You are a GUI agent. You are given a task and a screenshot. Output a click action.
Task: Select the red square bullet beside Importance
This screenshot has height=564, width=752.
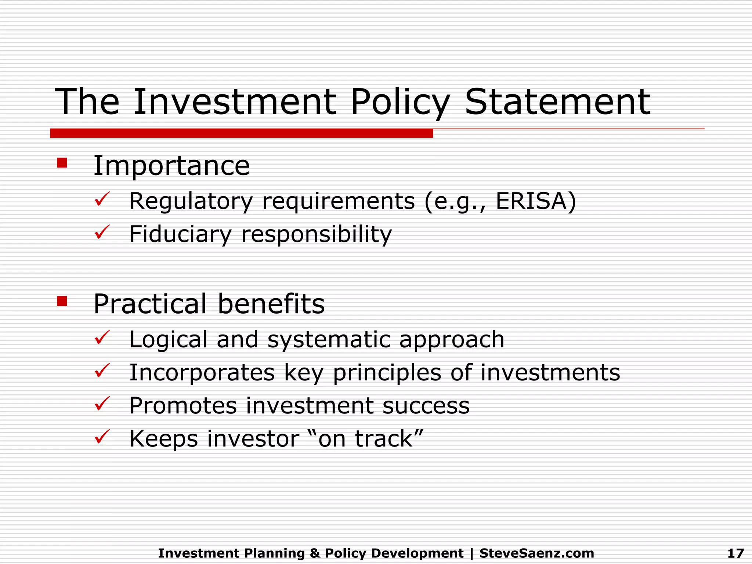(62, 163)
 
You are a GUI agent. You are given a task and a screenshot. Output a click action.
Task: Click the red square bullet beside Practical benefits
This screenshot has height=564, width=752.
(62, 301)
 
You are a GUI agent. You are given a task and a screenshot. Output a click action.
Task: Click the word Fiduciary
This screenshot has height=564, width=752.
(180, 234)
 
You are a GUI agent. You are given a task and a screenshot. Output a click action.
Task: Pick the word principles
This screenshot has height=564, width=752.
(387, 373)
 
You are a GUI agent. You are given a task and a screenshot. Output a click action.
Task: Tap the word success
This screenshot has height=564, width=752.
(426, 406)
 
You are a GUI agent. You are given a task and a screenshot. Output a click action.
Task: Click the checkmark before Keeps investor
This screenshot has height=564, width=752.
(102, 437)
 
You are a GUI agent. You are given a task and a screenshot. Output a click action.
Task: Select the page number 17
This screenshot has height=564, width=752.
(735, 553)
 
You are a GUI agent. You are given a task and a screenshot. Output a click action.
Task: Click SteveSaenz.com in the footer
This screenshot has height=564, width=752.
(536, 553)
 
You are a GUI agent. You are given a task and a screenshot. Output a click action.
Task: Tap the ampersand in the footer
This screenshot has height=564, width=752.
(315, 553)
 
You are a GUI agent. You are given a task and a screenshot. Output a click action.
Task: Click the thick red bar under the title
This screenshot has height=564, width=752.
(241, 133)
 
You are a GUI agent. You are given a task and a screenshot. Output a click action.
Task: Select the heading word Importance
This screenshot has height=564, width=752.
(171, 166)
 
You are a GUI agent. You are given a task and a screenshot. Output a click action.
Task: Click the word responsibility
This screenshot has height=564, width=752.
(317, 234)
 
